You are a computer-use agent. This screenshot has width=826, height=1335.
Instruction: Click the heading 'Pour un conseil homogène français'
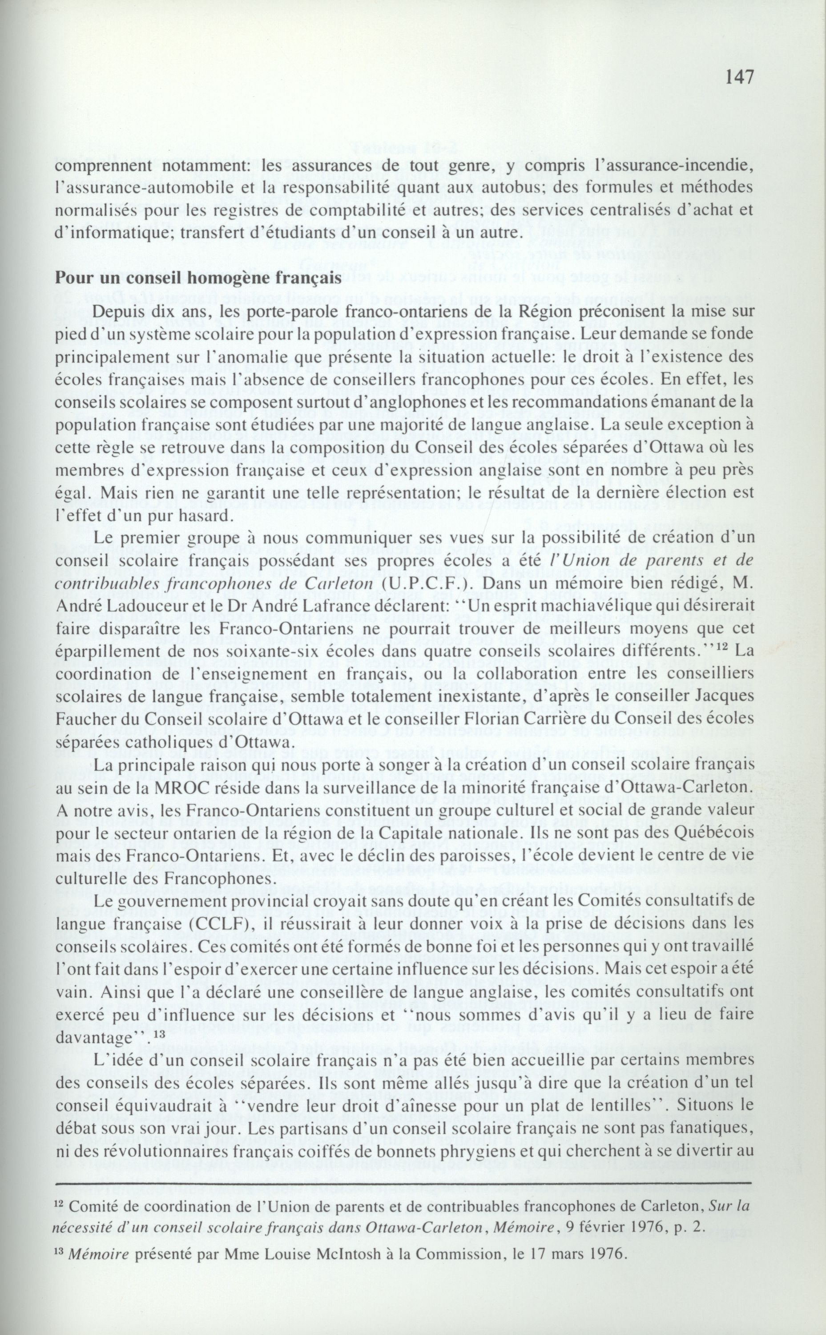coord(198,277)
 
